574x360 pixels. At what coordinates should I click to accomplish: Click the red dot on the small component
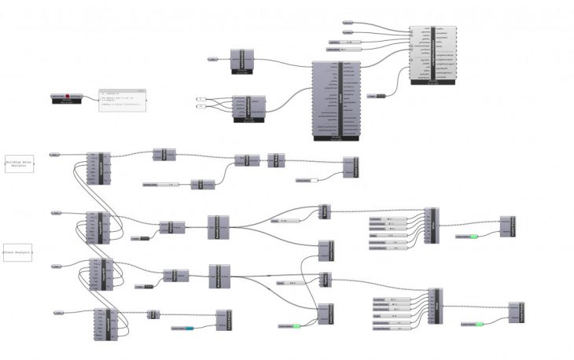[68, 95]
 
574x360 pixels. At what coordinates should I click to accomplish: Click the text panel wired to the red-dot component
[123, 100]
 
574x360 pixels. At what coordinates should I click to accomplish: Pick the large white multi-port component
[435, 53]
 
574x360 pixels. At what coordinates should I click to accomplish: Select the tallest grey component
[336, 99]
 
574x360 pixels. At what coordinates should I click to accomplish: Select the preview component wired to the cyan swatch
[223, 320]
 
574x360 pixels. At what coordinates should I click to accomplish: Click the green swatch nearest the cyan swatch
[295, 325]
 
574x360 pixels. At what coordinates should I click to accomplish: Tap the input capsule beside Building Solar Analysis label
[55, 154]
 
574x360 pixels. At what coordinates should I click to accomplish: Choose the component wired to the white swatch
[349, 167]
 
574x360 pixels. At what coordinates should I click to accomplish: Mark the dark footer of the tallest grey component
[336, 138]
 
